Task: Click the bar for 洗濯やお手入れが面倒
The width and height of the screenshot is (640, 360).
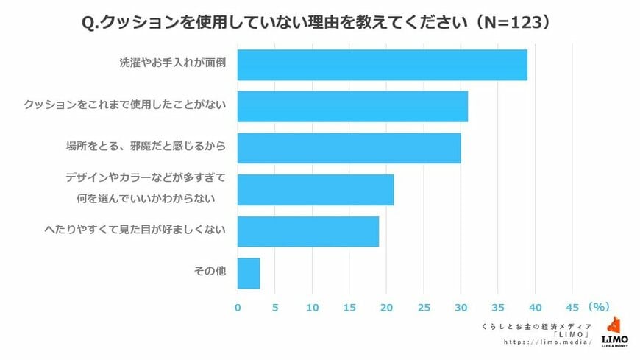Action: tap(383, 65)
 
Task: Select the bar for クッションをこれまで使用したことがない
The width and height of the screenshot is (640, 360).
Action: tap(352, 106)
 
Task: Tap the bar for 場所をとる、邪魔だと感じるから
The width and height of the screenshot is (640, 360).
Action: tap(349, 148)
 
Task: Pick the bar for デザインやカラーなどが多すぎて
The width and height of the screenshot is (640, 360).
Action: tap(316, 190)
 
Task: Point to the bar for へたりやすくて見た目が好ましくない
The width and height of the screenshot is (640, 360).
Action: tap(308, 231)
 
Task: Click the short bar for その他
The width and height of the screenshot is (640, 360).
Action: tap(249, 273)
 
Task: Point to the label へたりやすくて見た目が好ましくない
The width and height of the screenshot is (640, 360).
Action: tap(134, 230)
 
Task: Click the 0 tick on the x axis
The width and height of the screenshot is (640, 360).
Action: tap(238, 306)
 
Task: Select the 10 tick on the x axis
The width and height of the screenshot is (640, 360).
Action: tap(313, 306)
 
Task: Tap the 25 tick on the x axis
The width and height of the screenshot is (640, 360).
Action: tap(424, 306)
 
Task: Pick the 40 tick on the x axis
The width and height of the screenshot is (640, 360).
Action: tap(536, 306)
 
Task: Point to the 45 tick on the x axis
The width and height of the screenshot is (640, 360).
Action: tap(572, 306)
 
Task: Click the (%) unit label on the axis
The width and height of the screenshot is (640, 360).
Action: tap(599, 306)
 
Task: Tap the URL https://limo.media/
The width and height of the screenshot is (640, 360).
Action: tap(547, 342)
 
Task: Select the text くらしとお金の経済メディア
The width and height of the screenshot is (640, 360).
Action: tap(536, 325)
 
